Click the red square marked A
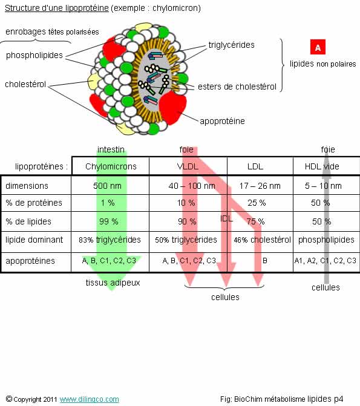(318, 47)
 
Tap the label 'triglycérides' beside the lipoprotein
(231, 45)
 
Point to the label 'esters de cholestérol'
(237, 87)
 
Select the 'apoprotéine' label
(222, 121)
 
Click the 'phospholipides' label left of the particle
(34, 56)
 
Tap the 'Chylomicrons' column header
(111, 166)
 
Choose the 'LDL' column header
(255, 166)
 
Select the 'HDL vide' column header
(322, 166)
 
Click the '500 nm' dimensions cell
(107, 186)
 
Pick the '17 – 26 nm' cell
(260, 186)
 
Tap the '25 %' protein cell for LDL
(257, 203)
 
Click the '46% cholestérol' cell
(262, 240)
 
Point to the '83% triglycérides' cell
(110, 240)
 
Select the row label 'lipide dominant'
(34, 240)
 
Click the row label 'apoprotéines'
(30, 261)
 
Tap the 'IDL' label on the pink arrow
(226, 219)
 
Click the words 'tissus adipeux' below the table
(113, 283)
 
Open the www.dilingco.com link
(89, 399)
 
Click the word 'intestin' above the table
(111, 149)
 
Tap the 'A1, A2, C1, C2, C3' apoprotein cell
(326, 261)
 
